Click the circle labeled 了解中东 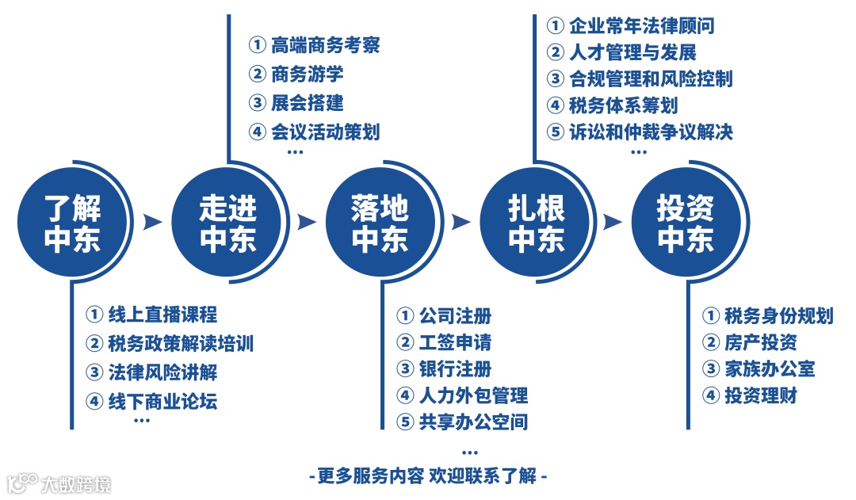(x=72, y=223)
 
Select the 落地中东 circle (x=380, y=223)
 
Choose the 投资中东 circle (x=686, y=223)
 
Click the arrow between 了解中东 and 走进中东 (x=151, y=223)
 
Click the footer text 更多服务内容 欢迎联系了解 (x=428, y=476)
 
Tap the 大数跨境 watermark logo (x=59, y=483)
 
